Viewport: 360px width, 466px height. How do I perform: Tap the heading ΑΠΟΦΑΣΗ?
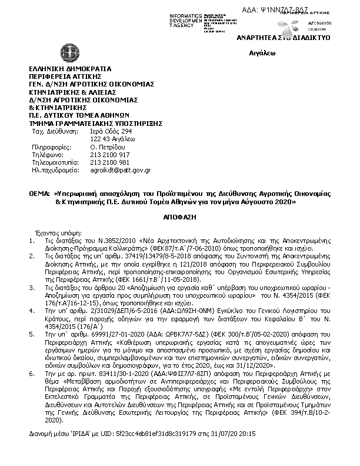pyautogui.click(x=180, y=217)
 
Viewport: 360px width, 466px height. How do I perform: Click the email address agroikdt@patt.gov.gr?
pyautogui.click(x=121, y=170)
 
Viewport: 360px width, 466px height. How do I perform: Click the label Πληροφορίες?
pyautogui.click(x=51, y=147)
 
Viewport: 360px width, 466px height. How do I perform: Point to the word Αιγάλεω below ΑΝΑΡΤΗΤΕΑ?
pyautogui.click(x=259, y=52)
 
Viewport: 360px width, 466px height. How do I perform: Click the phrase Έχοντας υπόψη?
pyautogui.click(x=59, y=232)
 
